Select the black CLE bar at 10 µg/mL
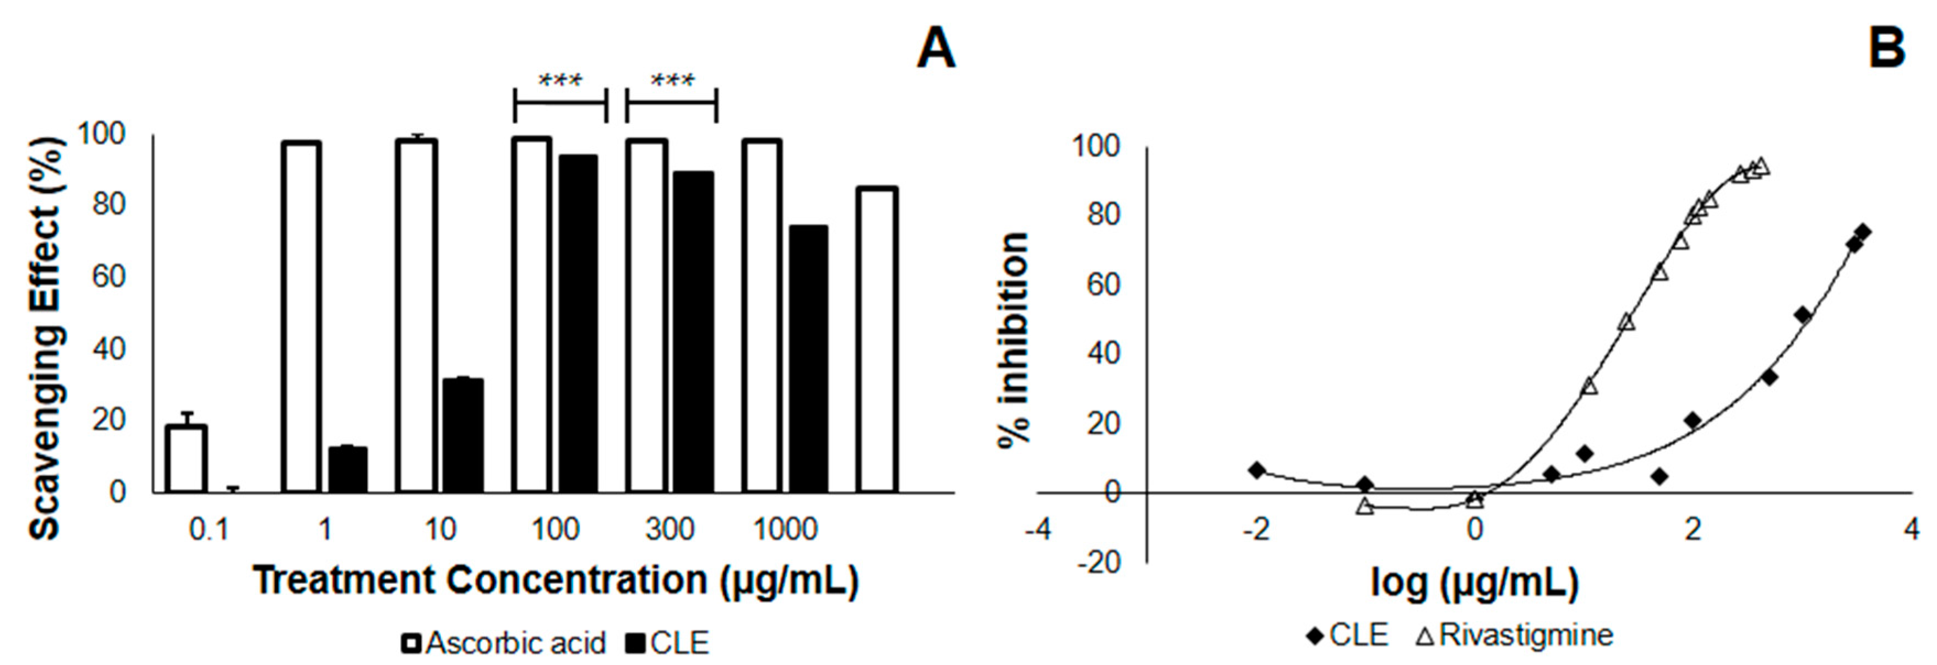click(x=463, y=436)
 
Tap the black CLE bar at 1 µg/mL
click(x=347, y=470)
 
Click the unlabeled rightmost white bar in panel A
click(x=878, y=339)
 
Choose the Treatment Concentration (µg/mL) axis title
click(x=555, y=580)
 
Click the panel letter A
click(x=935, y=50)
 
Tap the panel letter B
click(x=1886, y=50)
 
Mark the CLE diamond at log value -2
click(x=1256, y=470)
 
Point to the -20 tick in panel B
click(x=1100, y=562)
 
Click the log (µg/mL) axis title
click(x=1474, y=582)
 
